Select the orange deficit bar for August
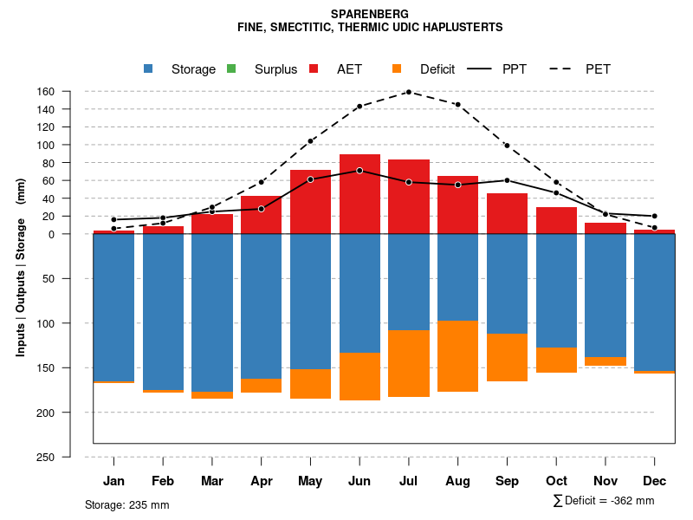click(x=457, y=356)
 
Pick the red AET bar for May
click(x=310, y=208)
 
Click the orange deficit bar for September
click(x=507, y=357)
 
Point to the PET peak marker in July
click(x=408, y=92)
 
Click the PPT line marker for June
click(x=359, y=171)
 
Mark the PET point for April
click(x=261, y=182)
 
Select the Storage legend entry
click(x=192, y=69)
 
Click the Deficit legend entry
click(x=443, y=69)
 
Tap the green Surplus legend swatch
click(x=231, y=69)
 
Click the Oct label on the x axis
click(x=556, y=481)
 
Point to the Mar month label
click(x=212, y=481)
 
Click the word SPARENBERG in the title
click(x=370, y=15)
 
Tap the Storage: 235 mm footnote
click(x=126, y=504)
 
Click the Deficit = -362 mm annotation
click(x=604, y=501)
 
